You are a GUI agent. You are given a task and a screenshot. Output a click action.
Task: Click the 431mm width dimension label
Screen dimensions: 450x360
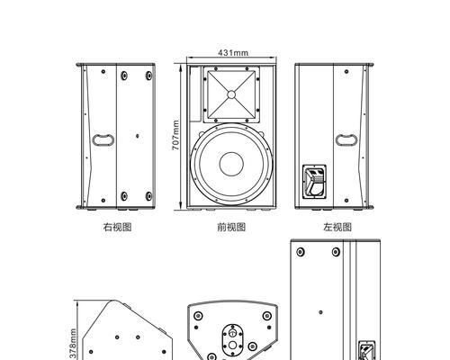(x=233, y=53)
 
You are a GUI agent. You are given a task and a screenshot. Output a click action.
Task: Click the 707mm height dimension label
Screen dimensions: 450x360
(x=175, y=135)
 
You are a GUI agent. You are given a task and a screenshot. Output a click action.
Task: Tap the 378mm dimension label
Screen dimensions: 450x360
(x=73, y=344)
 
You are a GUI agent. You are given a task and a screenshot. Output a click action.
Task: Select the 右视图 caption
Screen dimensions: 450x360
(x=117, y=227)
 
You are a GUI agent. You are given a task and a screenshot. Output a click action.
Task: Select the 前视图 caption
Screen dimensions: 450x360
(x=231, y=227)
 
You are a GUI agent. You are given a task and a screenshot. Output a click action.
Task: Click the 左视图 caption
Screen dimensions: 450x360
(x=337, y=227)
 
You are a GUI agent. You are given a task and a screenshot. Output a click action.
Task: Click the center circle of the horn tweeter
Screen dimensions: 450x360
(x=231, y=94)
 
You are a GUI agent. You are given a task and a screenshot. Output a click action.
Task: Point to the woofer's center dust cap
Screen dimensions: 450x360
(x=231, y=164)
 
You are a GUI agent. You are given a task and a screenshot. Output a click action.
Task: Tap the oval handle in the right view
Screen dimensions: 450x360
(x=103, y=140)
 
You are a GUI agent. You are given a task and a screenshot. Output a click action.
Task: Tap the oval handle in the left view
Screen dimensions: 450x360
(x=346, y=140)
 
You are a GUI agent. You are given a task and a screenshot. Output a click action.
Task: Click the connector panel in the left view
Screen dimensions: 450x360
(x=314, y=182)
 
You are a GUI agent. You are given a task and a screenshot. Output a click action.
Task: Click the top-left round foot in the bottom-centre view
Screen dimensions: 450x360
(x=198, y=316)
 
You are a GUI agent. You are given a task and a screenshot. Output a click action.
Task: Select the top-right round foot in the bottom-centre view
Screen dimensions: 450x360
(x=266, y=316)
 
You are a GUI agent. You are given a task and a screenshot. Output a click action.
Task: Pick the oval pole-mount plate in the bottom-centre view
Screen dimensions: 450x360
(x=232, y=339)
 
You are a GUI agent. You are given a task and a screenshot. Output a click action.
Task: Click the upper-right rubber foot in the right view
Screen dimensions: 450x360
(x=148, y=76)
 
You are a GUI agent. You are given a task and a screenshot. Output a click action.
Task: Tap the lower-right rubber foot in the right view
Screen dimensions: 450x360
(x=148, y=196)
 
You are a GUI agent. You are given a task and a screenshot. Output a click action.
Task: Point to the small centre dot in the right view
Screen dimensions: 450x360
(x=138, y=136)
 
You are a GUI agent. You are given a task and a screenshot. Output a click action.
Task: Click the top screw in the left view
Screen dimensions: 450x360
(x=346, y=72)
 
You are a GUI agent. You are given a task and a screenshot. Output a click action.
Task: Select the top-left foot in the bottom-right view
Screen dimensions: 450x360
(x=301, y=252)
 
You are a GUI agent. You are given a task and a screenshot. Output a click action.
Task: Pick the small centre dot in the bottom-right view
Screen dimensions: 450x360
(x=320, y=312)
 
